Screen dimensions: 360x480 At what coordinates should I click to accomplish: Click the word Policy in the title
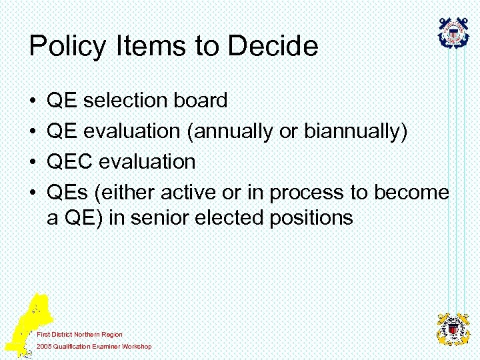[x=67, y=47]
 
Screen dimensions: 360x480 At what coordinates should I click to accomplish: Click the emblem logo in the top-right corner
[x=454, y=33]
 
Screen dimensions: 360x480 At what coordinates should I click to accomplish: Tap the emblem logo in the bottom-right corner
[x=453, y=329]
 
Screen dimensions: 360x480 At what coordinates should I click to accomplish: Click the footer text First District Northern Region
[x=79, y=334]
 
